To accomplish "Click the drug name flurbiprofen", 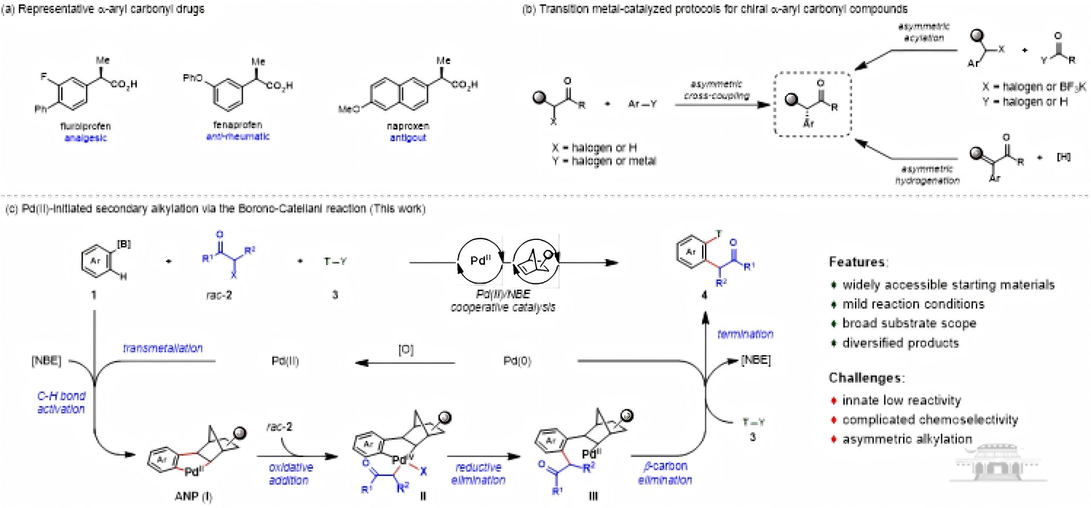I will tap(85, 126).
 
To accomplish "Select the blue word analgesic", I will tap(85, 138).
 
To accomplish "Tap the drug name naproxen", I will tap(408, 126).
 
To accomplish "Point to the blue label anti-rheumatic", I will tap(238, 136).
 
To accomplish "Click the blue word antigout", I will tap(408, 138).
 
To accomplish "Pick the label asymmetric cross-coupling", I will tap(716, 90).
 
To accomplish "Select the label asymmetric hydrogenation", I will tap(927, 175).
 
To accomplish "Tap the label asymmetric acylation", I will tap(924, 32).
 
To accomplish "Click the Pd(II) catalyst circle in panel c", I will tap(481, 261).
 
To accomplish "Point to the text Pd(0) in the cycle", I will tap(517, 361).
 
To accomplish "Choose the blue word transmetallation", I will tap(163, 348).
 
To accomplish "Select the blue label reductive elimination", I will tap(478, 473).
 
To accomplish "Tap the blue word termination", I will tap(745, 334).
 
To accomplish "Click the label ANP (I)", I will tap(193, 496).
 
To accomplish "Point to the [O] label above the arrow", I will tap(405, 350).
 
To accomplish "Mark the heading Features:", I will tap(858, 262).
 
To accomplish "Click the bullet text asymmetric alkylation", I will tap(907, 439).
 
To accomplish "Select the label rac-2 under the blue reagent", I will tap(219, 295).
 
